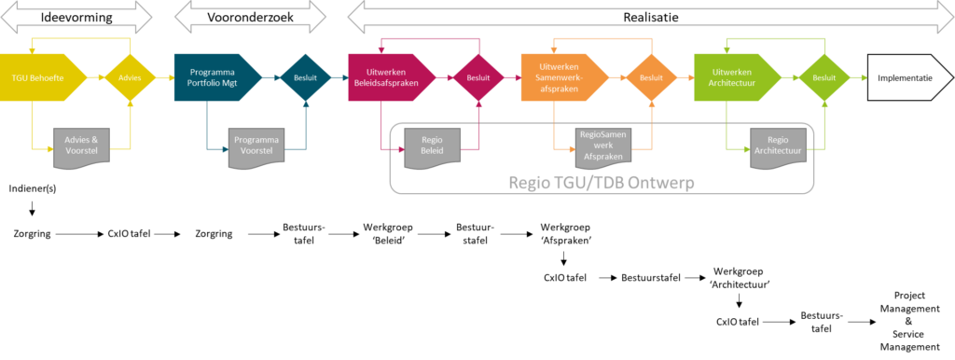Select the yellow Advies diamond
pos(131,78)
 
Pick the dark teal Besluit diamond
pos(305,78)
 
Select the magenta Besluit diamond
pos(477,78)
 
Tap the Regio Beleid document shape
pos(431,146)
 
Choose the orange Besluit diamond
pos(651,78)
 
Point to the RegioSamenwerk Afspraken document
pos(604,146)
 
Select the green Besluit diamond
pos(824,78)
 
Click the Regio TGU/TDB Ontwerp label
pos(602,183)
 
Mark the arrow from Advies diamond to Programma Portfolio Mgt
pos(165,78)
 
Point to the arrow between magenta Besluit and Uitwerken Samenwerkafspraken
pos(511,78)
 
